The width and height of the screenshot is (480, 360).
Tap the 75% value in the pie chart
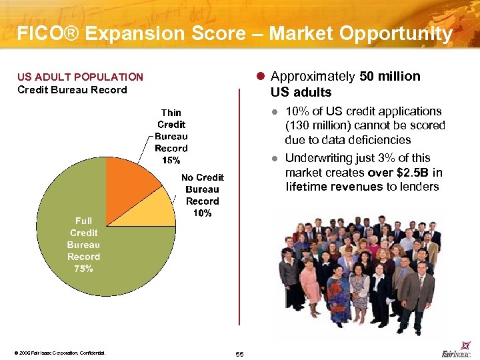click(83, 269)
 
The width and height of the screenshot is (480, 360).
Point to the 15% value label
click(171, 160)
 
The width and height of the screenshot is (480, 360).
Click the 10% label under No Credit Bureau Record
click(202, 213)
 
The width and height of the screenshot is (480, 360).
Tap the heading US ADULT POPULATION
click(80, 77)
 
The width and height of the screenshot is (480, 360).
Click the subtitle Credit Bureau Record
click(72, 89)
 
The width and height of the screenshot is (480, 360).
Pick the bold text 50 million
click(389, 76)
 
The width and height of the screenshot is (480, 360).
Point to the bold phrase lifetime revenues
click(334, 187)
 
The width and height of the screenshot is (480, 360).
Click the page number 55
click(240, 353)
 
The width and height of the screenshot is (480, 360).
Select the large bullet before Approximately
click(262, 76)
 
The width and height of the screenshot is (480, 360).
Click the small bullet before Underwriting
click(275, 159)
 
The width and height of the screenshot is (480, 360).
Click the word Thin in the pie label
click(171, 112)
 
